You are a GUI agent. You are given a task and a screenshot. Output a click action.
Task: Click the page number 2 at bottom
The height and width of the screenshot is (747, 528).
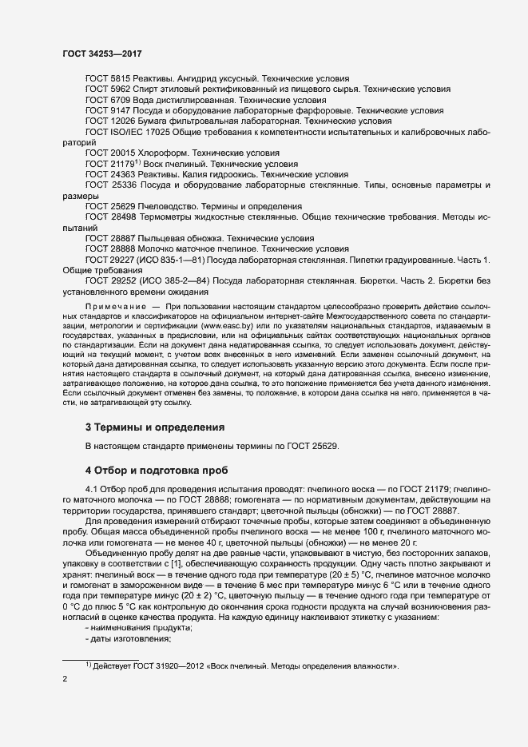[65, 679]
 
